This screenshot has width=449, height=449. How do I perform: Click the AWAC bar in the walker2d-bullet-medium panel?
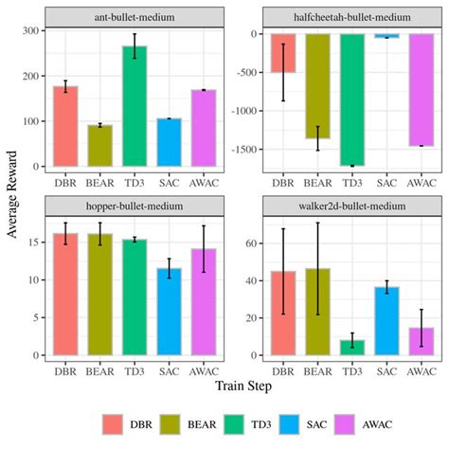422,341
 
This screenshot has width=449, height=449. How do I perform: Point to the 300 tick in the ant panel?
32,30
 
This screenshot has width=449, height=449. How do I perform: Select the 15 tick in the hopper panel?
34,242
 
